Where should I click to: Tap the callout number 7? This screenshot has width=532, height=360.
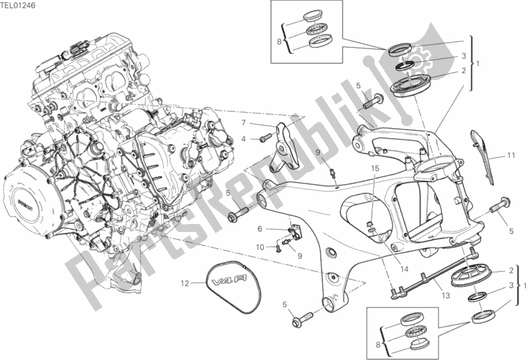click(244, 123)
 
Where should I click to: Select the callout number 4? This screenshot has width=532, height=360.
click(244, 139)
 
